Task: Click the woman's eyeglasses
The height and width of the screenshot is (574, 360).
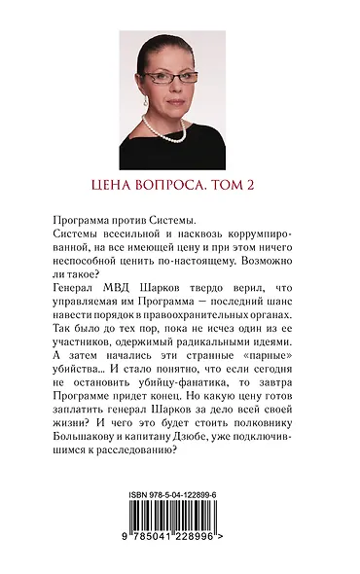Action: click(x=175, y=76)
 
